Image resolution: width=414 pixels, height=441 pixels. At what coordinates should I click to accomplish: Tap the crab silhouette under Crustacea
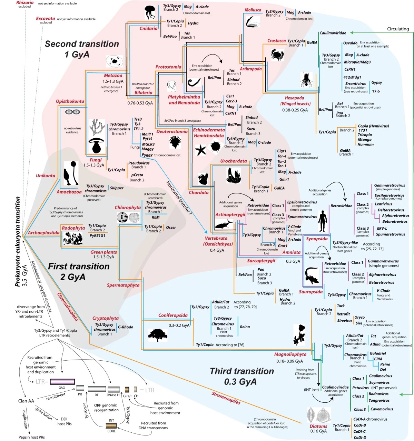(x=277, y=54)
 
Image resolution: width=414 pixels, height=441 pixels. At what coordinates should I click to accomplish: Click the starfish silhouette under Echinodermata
(x=200, y=150)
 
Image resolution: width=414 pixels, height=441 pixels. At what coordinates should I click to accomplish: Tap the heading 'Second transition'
(x=82, y=44)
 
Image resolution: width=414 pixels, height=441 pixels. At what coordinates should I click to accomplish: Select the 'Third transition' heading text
(x=242, y=371)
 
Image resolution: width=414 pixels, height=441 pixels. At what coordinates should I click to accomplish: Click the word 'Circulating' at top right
(x=398, y=29)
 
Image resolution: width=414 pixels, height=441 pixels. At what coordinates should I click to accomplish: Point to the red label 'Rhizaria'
(x=25, y=2)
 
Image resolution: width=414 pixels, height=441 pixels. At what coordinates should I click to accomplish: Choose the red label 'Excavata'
(x=45, y=19)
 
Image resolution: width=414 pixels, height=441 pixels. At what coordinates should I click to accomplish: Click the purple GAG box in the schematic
(x=62, y=381)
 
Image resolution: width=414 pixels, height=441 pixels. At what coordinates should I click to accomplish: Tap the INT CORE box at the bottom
(x=111, y=426)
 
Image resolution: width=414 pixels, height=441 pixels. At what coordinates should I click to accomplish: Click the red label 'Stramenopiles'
(x=226, y=398)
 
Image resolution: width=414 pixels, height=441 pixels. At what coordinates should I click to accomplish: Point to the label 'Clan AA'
(x=26, y=401)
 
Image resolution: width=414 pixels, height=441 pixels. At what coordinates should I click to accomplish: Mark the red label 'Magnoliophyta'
(x=290, y=354)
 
